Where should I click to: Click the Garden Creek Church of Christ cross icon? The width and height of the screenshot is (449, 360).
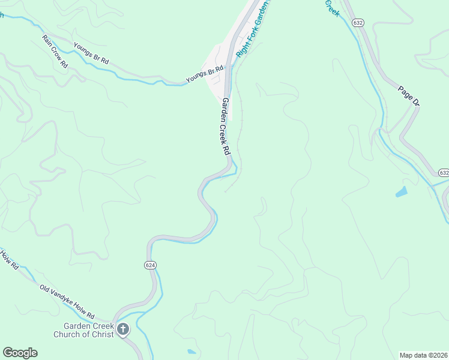point(123,328)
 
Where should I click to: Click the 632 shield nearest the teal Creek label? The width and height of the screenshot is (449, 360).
point(358,22)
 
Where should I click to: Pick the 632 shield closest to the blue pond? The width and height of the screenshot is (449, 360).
point(443,172)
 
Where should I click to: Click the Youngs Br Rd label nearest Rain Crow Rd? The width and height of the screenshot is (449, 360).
point(91,53)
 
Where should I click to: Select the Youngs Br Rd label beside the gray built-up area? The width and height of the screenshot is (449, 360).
point(204,74)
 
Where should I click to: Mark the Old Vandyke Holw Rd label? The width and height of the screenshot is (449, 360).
point(67,302)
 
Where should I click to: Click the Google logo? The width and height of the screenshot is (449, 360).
point(20,353)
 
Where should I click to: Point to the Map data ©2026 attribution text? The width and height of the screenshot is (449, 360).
point(423,355)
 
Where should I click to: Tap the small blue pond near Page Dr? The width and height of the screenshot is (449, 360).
point(401,193)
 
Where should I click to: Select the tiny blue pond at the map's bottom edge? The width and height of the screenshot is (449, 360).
point(191,352)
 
